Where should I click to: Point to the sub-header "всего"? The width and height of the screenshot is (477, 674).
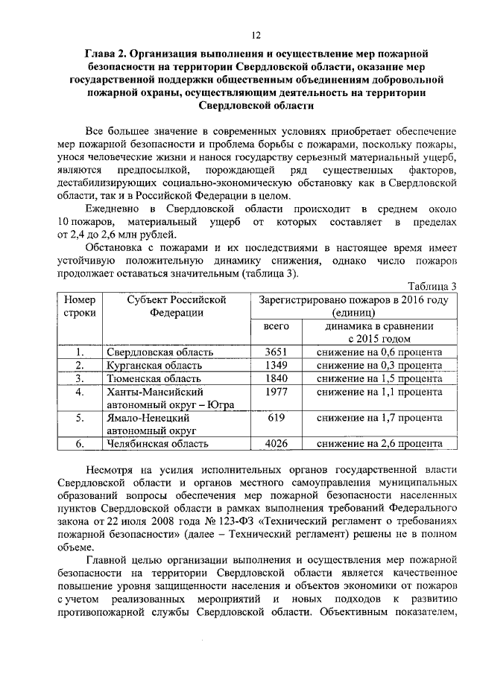[277, 327]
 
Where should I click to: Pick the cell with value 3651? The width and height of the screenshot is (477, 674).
[277, 352]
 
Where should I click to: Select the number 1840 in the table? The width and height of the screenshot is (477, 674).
[277, 378]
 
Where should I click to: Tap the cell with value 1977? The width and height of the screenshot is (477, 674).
[277, 392]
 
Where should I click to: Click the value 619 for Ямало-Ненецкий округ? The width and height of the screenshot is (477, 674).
[277, 418]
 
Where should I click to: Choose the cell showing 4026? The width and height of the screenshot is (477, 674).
[277, 444]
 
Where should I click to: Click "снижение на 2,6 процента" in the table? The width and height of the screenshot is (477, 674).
[379, 444]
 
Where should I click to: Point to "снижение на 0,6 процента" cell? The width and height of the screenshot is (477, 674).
[379, 352]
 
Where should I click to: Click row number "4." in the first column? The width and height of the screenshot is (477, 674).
[78, 392]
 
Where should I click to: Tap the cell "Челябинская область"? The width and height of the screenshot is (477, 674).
[157, 444]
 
